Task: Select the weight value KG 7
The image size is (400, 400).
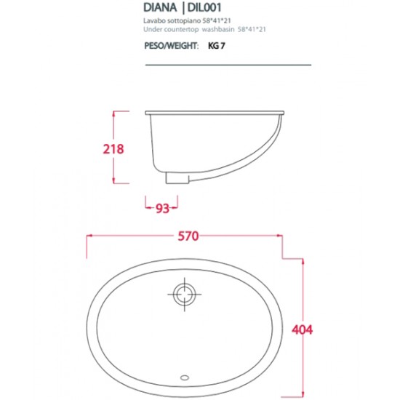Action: pyautogui.click(x=217, y=45)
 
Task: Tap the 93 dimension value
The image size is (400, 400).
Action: pyautogui.click(x=162, y=209)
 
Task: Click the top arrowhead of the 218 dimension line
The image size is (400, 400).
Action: pyautogui.click(x=114, y=113)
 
